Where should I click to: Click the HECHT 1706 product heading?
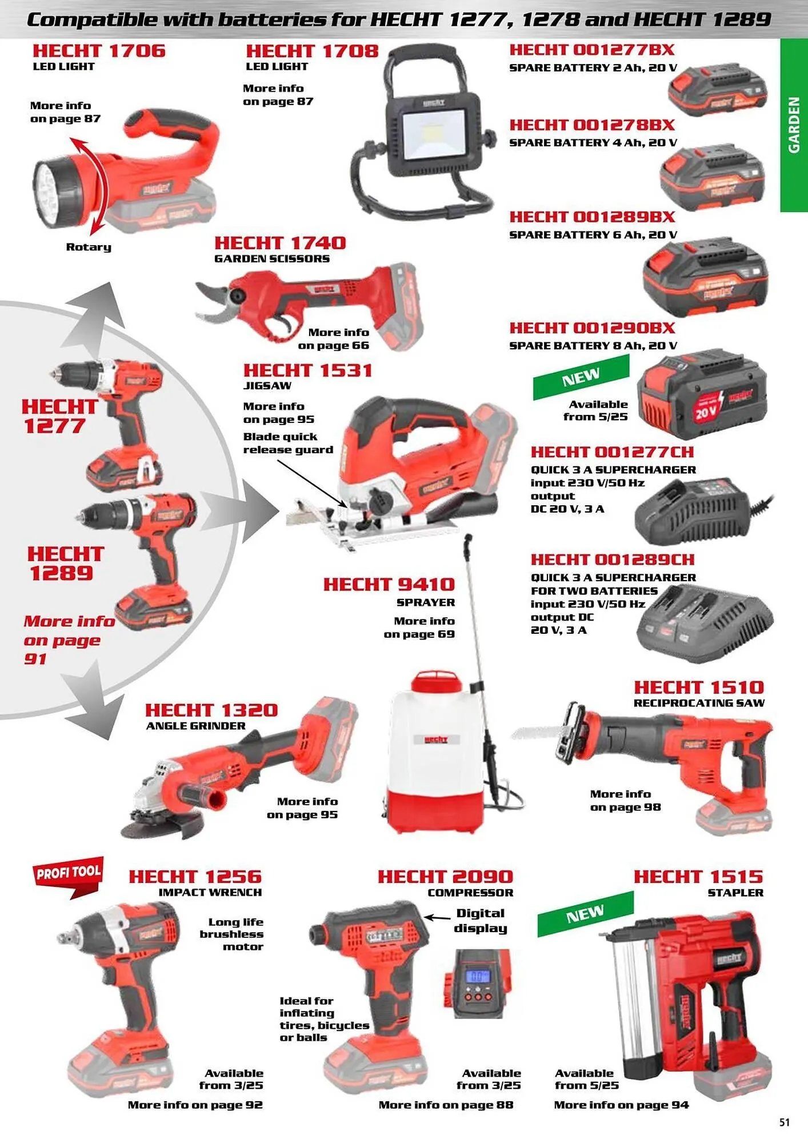(99, 51)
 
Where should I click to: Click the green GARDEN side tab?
(794, 125)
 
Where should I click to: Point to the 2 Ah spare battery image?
(718, 91)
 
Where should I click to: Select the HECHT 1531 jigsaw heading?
(307, 370)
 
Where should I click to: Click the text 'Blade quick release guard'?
(288, 443)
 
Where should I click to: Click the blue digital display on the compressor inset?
(478, 976)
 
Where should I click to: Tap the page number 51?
(785, 1122)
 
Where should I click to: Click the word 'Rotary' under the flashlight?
(89, 247)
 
